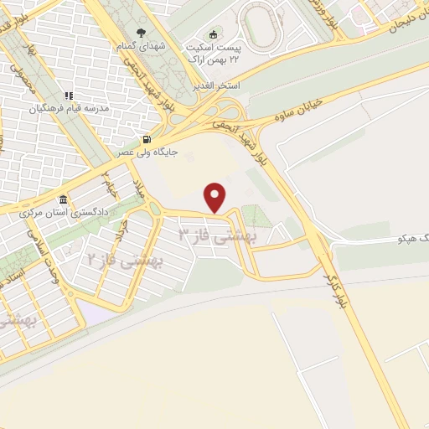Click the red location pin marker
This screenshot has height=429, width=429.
point(216,197)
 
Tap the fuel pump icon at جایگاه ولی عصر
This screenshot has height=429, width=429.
point(147,139)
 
